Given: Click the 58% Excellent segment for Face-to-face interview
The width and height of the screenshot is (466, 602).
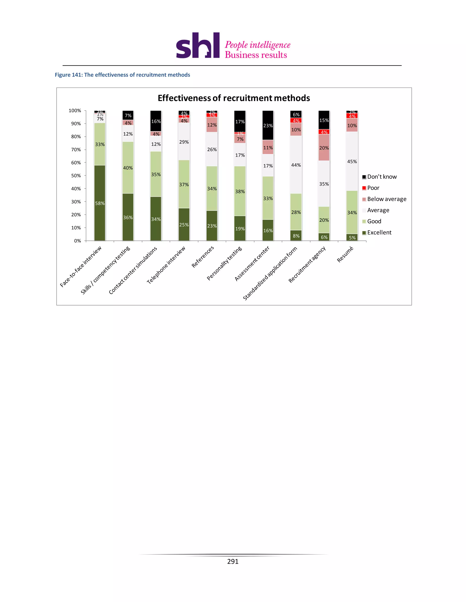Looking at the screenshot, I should pos(100,203).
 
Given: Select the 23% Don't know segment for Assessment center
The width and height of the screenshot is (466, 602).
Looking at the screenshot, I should pos(268,125).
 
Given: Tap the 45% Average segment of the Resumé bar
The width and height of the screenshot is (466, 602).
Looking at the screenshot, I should pos(352,161).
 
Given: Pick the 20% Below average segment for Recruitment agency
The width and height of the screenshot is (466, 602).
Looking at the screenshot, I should pos(324,148).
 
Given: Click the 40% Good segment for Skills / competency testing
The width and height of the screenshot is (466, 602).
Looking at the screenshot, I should pos(128,168).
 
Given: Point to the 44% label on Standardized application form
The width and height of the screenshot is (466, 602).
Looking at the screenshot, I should pos(296,165).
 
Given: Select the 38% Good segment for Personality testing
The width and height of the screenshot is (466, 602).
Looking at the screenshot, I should pos(240,191).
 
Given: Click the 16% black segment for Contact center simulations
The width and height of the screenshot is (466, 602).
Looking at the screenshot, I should pos(156,121).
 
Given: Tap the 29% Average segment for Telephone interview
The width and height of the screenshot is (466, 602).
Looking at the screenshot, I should pos(184,142).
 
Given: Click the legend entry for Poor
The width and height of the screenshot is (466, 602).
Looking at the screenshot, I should pos(373,188).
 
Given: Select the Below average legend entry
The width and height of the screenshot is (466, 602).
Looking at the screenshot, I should pos(386,199).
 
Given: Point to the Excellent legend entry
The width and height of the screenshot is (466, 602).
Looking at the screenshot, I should pos(379,232).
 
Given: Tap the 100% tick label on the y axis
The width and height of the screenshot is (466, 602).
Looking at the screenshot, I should pos(75,111).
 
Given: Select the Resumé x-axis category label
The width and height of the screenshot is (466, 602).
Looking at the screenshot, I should pos(345,254).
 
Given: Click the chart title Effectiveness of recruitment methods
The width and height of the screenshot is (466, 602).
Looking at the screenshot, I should pos(233,98).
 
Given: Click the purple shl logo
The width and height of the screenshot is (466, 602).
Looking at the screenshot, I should pos(198,46).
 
